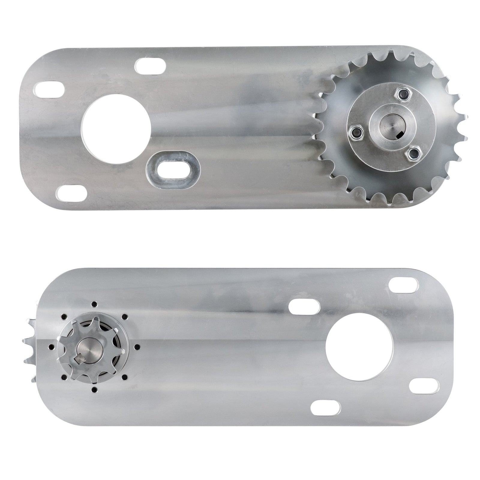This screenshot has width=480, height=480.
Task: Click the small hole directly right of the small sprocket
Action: [x=137, y=347]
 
